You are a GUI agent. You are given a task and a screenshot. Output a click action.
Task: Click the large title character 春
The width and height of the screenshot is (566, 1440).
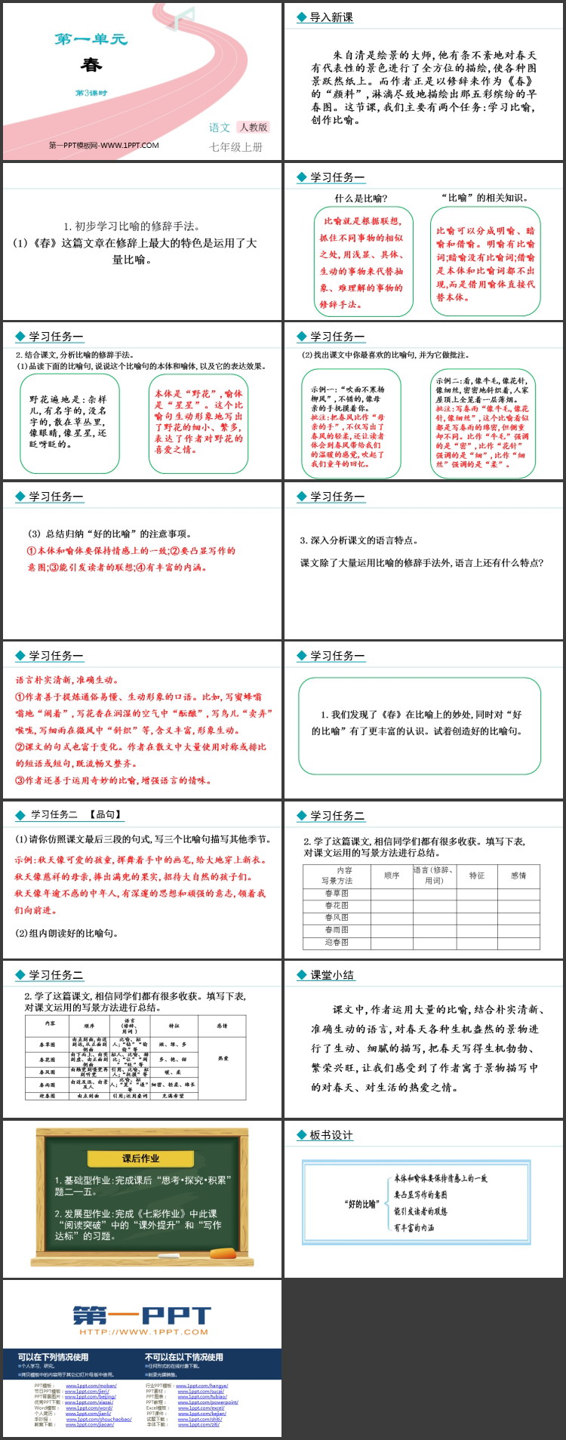point(91,64)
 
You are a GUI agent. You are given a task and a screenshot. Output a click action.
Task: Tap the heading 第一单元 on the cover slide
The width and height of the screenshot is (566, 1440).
point(91,39)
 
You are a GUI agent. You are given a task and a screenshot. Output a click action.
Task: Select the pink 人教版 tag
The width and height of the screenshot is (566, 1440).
point(254,128)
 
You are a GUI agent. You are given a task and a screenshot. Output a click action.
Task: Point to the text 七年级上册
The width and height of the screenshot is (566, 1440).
point(236,147)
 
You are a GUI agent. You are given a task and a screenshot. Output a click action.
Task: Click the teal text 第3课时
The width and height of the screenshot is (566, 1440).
point(91,93)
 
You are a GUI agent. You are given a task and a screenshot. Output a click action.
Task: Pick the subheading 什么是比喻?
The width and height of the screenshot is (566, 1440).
point(361,198)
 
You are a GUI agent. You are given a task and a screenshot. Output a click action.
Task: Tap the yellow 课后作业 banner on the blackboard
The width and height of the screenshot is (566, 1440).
point(141,1158)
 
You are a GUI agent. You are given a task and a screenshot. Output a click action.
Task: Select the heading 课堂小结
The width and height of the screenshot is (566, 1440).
point(332,975)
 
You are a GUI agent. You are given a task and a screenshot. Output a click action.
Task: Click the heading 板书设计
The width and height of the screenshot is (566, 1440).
point(331,1135)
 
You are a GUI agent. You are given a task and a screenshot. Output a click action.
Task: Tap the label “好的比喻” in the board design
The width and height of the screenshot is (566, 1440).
point(360,1204)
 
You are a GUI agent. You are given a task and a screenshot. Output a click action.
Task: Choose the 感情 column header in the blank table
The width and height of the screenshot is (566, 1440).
point(518,875)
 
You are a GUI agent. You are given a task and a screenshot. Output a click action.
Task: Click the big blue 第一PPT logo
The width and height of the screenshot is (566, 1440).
point(141,1315)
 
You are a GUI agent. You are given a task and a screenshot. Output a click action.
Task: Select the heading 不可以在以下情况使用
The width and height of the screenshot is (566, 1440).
point(184,1356)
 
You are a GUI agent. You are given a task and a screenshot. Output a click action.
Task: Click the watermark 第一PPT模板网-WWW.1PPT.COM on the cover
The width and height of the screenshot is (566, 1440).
point(104,146)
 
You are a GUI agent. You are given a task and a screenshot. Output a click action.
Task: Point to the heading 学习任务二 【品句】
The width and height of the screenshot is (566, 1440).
point(75,815)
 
